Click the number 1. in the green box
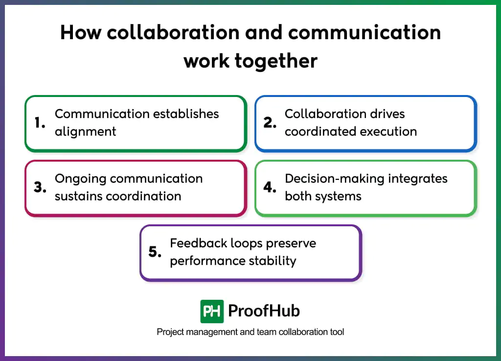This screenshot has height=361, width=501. pos(40,123)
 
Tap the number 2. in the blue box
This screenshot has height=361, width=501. pos(270,123)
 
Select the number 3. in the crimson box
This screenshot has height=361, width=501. pos(40,188)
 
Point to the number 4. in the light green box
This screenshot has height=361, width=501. pos(270,188)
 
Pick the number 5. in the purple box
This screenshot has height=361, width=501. pos(155,252)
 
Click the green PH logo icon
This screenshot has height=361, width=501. pos(212,311)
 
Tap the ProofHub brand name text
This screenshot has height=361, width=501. pos(264,311)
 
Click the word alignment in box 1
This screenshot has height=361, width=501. pos(85,132)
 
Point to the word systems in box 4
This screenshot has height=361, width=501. pos(338,196)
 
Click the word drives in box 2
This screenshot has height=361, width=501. pos(387,114)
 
